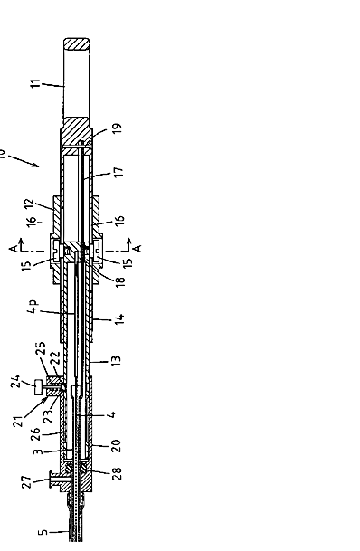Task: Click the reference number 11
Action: pos(35,83)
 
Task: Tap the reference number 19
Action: pos(118,128)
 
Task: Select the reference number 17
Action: pos(119,171)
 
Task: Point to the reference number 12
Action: pos(30,204)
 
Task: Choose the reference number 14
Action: pos(119,318)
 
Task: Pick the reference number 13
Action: pos(116,361)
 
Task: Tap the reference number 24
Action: pos(15,381)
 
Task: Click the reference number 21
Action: pos(18,421)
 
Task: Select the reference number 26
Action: pos(35,434)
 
